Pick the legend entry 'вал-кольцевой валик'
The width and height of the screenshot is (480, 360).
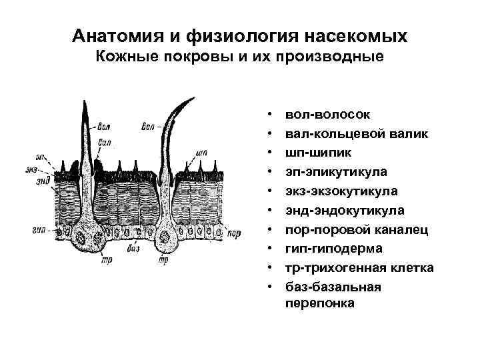(x=356, y=134)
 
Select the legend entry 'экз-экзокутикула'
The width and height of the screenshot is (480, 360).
(x=341, y=191)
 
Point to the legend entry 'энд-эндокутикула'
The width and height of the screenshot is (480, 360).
(x=344, y=210)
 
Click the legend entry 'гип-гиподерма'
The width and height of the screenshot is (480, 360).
(x=333, y=248)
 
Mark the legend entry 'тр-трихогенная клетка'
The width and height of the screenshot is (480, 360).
(x=359, y=267)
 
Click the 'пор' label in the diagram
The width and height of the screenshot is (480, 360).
(x=234, y=233)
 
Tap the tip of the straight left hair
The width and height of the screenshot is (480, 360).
(x=84, y=100)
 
